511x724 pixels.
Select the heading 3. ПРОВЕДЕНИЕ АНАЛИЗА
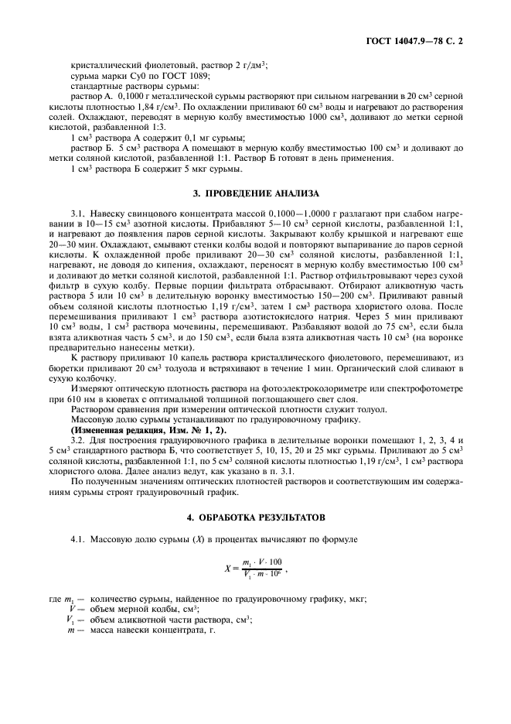(255, 193)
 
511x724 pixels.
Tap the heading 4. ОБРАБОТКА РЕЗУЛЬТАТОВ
(255, 515)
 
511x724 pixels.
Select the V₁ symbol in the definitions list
(70, 620)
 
